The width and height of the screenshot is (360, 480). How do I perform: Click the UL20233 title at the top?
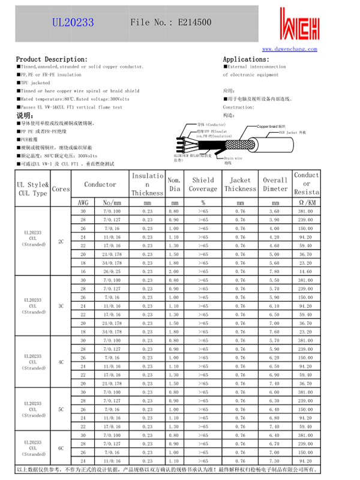pos(73,22)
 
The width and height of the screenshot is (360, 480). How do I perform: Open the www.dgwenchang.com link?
pos(289,49)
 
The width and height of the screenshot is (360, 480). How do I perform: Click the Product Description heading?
pos(52,59)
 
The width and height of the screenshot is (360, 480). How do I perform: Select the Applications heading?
pos(246,59)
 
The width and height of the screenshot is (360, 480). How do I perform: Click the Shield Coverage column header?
pos(203,184)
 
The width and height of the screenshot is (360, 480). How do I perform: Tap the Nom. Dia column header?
pos(174,184)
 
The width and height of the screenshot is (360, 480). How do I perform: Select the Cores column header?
pos(61,188)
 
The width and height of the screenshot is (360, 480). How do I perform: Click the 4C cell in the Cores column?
pos(61,362)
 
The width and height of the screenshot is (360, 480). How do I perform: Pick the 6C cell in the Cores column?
pos(61,448)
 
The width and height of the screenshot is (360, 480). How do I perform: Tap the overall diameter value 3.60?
pos(275,212)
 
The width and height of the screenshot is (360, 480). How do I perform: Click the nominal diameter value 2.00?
pos(174,272)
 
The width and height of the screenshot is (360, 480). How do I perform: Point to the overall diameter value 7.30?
pos(275,461)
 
